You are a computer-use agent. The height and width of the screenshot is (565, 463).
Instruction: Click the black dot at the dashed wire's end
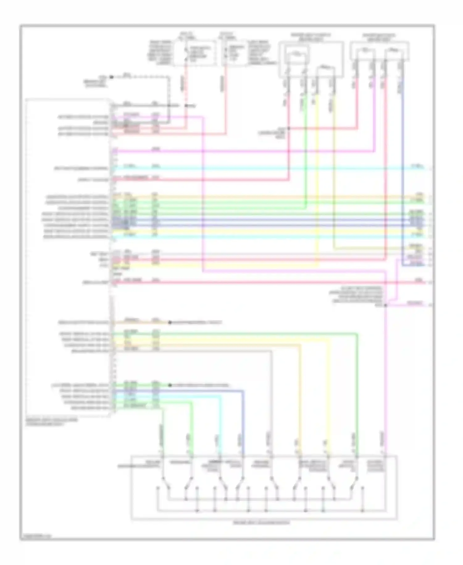111,77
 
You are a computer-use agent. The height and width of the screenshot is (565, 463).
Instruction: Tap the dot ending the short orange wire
169,323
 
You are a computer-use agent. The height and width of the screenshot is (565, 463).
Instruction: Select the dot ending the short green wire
169,385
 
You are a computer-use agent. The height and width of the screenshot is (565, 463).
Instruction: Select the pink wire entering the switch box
386,402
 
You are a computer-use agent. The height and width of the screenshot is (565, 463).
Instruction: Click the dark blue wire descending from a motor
403,155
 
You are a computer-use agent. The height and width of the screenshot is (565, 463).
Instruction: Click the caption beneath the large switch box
261,523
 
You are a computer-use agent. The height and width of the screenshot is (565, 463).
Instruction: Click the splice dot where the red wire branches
289,128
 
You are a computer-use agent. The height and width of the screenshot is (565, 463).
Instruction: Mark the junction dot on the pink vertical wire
386,305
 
